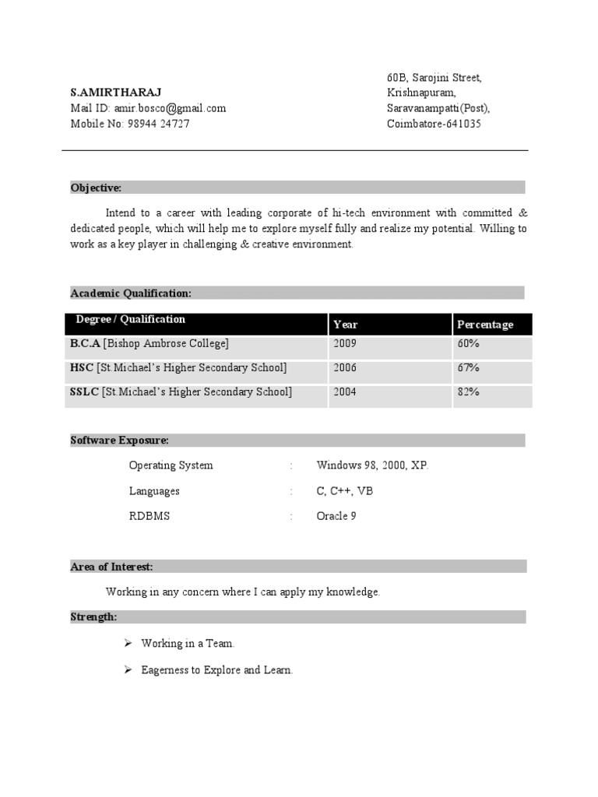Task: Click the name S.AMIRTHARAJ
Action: (116, 93)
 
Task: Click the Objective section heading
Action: (96, 188)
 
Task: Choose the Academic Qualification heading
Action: (131, 293)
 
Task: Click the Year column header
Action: (346, 325)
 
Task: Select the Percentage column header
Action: (485, 325)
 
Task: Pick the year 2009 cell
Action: (345, 343)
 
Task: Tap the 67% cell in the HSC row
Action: (468, 367)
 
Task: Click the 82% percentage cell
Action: (468, 392)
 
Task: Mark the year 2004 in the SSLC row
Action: (345, 392)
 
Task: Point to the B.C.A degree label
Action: (86, 343)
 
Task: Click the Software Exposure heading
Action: (119, 441)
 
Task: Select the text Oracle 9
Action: (336, 516)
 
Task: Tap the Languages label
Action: (154, 491)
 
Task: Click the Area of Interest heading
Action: (111, 567)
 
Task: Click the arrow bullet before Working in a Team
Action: (128, 644)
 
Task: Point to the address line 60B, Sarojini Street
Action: (434, 78)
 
